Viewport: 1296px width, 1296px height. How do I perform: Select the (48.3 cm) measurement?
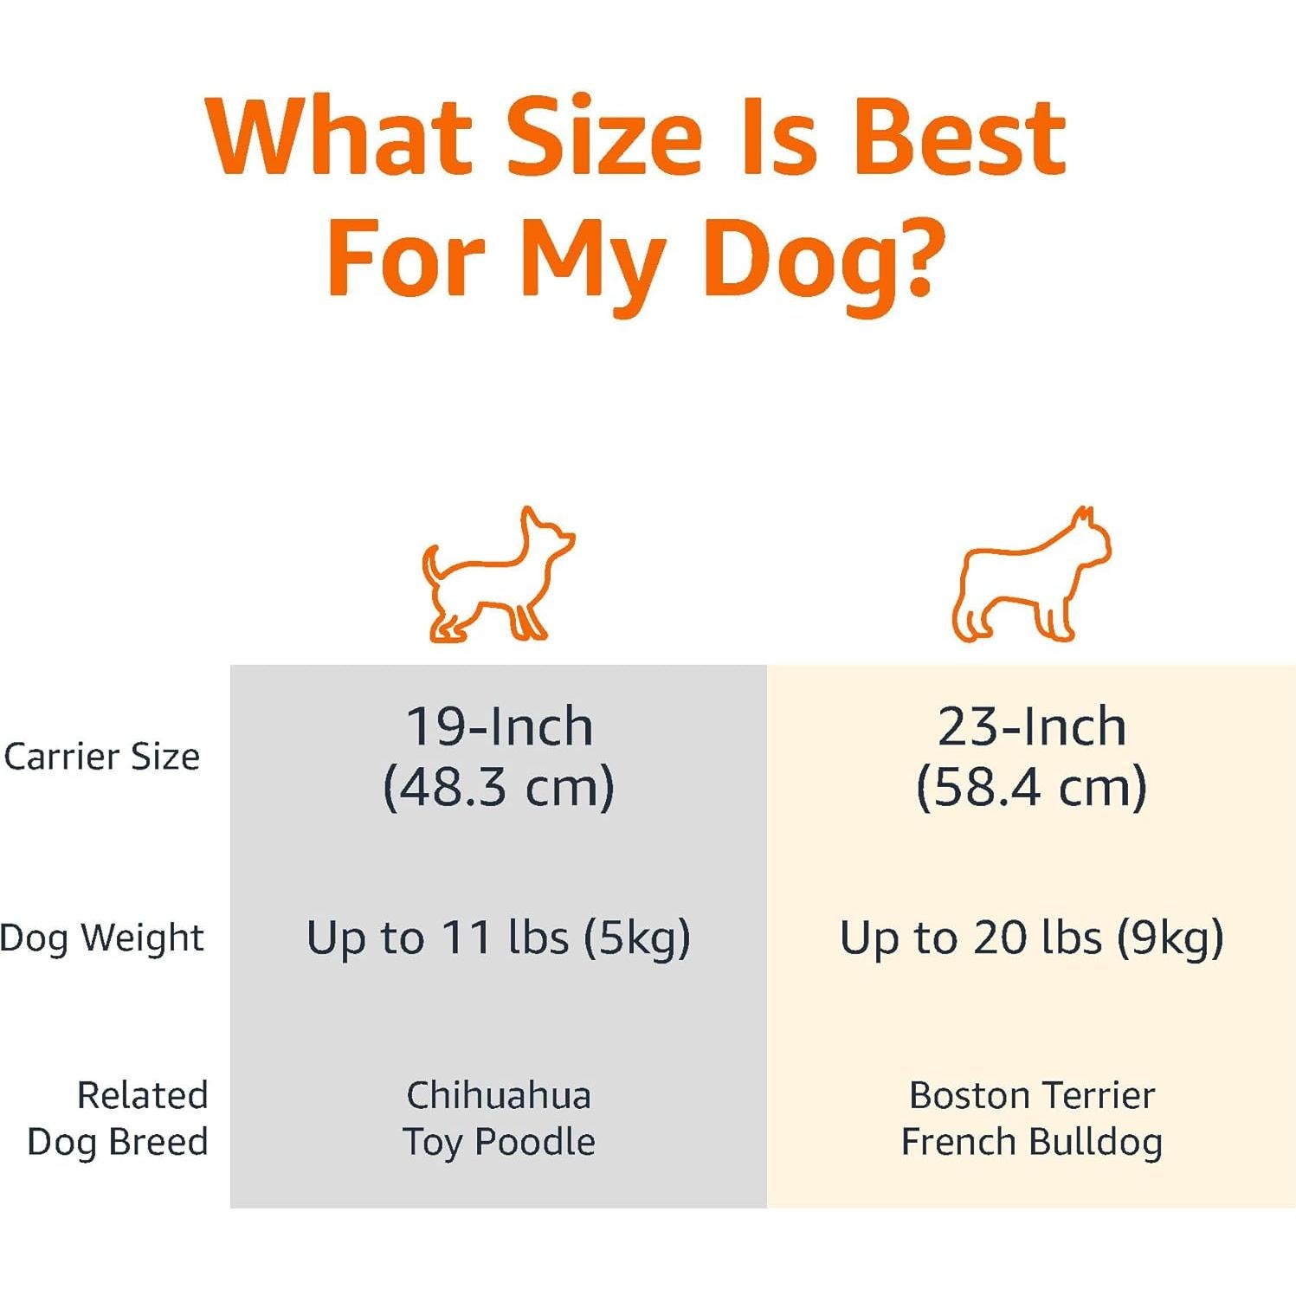coord(499,787)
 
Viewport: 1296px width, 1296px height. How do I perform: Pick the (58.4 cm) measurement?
coord(1031,787)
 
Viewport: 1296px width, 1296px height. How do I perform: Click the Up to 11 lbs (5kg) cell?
coord(499,938)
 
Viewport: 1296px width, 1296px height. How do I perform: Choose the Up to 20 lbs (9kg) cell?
coord(1031,938)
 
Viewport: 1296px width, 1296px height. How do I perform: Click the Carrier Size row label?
coord(102,757)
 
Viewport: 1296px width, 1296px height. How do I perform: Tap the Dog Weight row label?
coord(102,938)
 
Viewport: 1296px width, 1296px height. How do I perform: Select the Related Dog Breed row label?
coord(119,1119)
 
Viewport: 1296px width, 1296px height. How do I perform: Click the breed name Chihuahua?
coord(499,1095)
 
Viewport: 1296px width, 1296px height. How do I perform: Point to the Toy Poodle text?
coord(499,1142)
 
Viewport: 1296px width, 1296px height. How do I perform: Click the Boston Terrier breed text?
coord(1031,1095)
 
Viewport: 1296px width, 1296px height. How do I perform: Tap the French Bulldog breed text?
coord(1031,1142)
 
